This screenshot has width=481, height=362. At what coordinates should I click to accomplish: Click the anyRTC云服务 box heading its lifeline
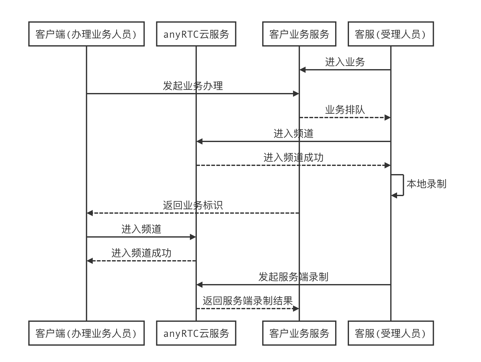[196, 34]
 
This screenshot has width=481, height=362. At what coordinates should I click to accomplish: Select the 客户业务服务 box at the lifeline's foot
[299, 333]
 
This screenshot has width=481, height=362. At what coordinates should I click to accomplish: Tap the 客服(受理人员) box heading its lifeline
[390, 34]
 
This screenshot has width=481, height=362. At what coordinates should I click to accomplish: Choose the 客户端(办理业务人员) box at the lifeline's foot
[86, 333]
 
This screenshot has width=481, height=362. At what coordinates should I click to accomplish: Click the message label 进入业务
[345, 62]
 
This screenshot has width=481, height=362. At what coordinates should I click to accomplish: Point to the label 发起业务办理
[193, 86]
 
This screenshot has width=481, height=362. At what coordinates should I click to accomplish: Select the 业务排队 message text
[345, 110]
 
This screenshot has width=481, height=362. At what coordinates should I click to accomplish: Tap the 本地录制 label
[426, 184]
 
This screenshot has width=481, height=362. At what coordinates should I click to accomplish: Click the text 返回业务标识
[193, 205]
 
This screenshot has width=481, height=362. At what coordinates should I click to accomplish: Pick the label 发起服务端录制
[293, 277]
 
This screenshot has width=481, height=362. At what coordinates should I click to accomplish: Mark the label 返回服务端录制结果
[247, 301]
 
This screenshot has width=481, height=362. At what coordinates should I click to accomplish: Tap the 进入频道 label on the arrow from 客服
[293, 134]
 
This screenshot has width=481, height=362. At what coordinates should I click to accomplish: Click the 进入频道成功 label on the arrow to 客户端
[141, 253]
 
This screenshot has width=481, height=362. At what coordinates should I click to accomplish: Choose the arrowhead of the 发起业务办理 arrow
[296, 94]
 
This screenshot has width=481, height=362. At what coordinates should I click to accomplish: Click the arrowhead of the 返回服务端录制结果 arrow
[296, 309]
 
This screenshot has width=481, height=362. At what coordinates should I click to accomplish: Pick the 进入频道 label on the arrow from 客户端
[141, 229]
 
